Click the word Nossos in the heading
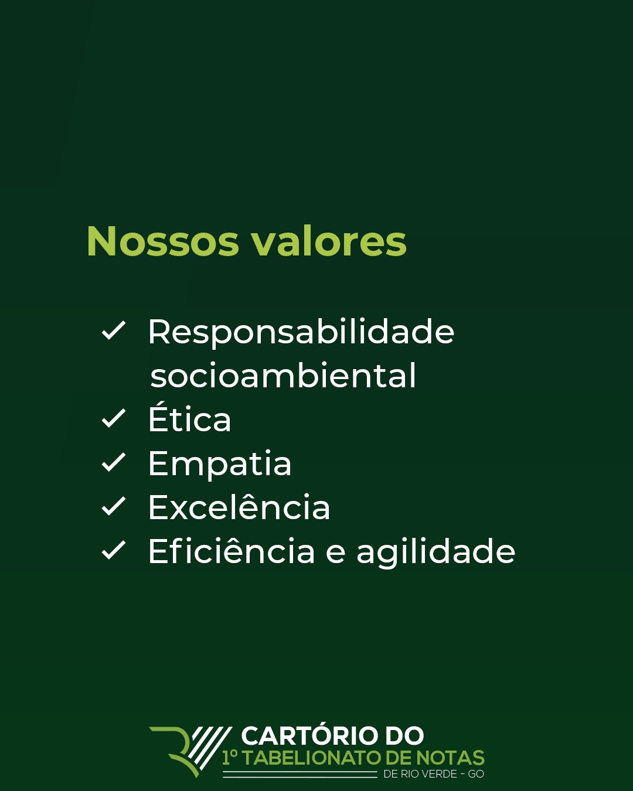tap(163, 241)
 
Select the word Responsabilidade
tap(301, 332)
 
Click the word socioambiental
tap(283, 376)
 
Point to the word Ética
tap(189, 419)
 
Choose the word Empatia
tap(219, 464)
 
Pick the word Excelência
tap(239, 507)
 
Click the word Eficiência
tap(232, 552)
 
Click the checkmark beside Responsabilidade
tap(114, 330)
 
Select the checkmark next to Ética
tap(114, 418)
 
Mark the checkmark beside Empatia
tap(114, 462)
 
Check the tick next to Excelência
tap(114, 506)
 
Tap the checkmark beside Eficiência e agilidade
tap(114, 550)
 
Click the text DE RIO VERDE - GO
tap(433, 774)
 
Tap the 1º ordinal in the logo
tap(230, 758)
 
